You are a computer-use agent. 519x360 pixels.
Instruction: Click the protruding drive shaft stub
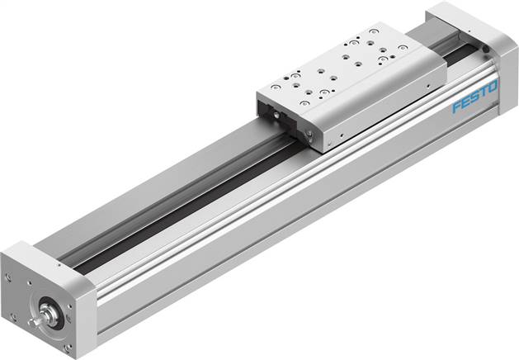click(x=34, y=317)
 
